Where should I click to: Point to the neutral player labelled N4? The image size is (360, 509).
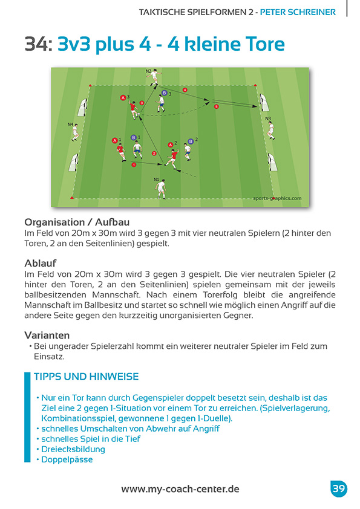75,132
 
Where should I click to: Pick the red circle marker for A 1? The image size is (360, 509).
114,140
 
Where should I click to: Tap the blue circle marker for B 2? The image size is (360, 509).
191,141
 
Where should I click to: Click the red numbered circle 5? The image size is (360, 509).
216,106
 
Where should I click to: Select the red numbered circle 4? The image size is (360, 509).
185,90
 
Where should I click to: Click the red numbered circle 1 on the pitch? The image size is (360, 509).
133,164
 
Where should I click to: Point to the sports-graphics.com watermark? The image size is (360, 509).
277,197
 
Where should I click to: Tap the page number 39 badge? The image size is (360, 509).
338,489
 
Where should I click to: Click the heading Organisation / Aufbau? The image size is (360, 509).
77,222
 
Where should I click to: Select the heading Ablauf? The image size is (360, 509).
41,264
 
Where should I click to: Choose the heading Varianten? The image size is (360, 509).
47,335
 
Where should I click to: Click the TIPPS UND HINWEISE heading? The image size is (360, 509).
86,377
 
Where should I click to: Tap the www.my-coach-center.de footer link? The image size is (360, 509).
180,489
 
